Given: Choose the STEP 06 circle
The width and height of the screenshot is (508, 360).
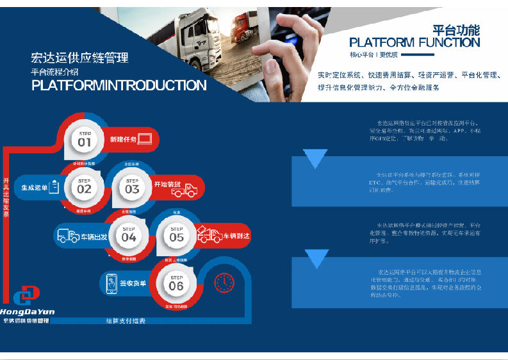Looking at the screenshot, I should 176,283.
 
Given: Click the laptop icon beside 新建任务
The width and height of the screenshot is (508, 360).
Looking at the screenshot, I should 145,138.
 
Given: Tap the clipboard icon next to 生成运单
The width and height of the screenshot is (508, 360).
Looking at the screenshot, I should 54,188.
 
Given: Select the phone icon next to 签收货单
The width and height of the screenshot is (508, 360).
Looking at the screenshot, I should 111,283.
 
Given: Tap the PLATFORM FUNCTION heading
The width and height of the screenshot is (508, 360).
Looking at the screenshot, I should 414,43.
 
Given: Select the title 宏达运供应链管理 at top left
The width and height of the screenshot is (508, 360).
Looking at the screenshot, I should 79,58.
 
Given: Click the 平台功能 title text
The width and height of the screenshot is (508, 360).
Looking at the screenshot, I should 456,29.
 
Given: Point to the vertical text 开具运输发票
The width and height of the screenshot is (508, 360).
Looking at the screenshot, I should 6,198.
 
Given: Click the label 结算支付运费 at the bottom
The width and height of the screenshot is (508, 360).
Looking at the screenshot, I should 126,321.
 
